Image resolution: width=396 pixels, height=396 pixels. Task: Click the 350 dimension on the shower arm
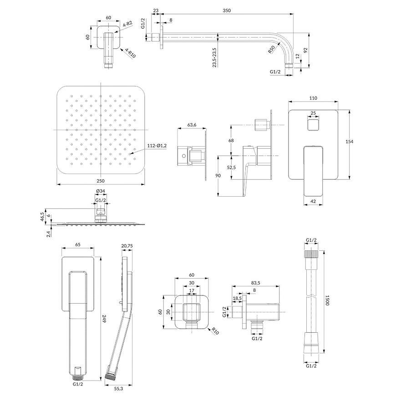227,10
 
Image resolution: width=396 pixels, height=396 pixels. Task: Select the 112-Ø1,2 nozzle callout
157,146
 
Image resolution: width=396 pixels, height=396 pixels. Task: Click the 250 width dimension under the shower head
101,181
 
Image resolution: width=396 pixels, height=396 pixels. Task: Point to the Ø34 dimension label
101,191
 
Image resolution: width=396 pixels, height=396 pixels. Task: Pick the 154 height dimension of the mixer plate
349,142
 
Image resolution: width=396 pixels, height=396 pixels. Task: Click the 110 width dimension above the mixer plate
313,98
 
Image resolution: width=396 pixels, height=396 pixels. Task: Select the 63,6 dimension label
192,125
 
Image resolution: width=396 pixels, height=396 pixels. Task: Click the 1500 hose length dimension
327,300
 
